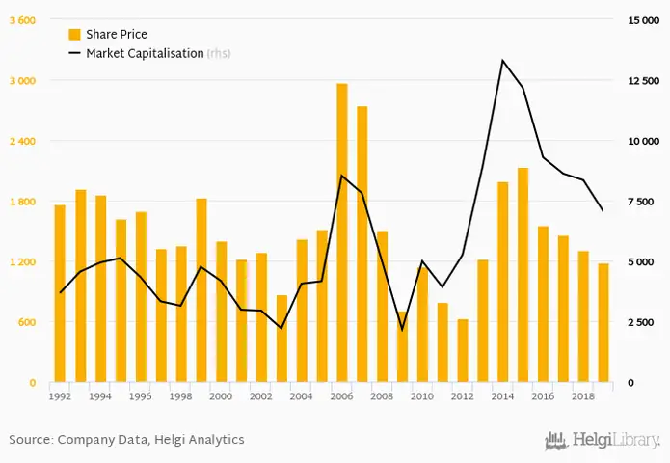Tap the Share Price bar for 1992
click(x=60, y=293)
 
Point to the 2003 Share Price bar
click(x=281, y=339)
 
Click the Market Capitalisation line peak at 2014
click(x=502, y=61)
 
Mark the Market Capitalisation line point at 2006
click(x=342, y=176)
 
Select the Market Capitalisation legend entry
click(x=145, y=53)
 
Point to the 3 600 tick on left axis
click(x=22, y=20)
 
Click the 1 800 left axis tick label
click(x=22, y=202)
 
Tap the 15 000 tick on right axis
click(x=643, y=20)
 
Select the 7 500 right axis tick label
click(x=643, y=202)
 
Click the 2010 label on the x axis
click(x=422, y=395)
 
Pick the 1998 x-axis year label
click(x=180, y=395)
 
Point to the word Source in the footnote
click(x=30, y=440)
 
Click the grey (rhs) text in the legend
click(x=219, y=53)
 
